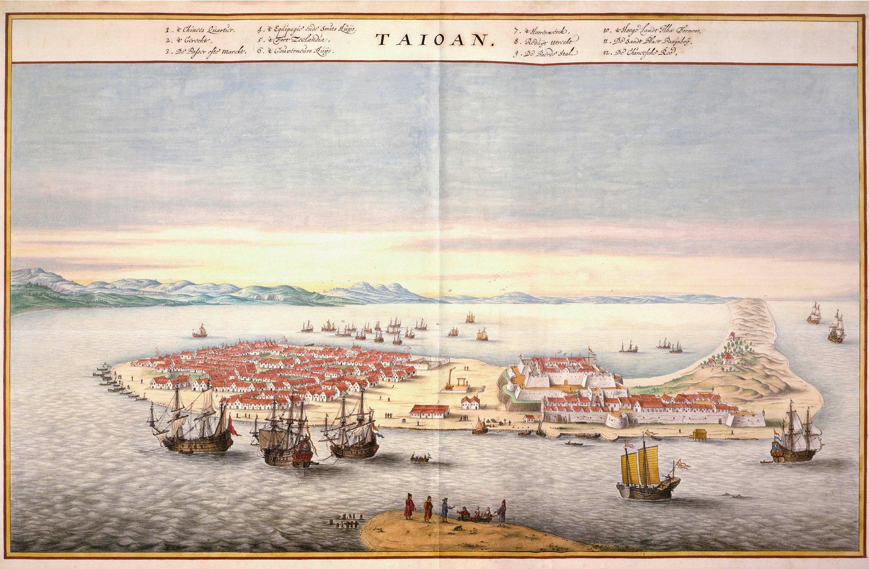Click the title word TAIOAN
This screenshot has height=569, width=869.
(435, 40)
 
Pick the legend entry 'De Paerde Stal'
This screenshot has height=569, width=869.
(546, 53)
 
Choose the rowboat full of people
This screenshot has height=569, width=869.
(420, 458)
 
